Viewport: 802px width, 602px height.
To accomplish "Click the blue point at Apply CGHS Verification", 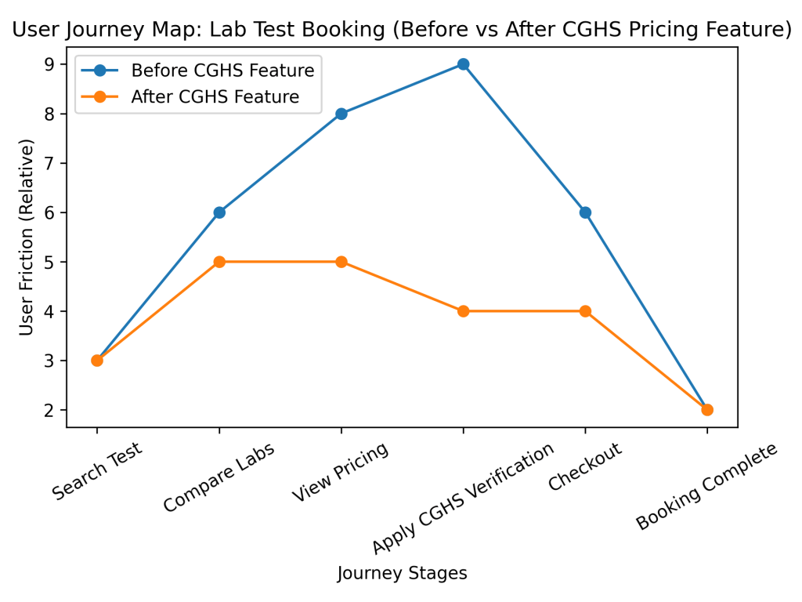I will (463, 64).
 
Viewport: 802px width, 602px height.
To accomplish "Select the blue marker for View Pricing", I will (341, 114).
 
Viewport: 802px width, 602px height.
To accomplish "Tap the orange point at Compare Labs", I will (219, 262).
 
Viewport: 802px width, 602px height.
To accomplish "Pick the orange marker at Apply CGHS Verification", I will (463, 311).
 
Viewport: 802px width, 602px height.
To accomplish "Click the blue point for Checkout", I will (585, 212).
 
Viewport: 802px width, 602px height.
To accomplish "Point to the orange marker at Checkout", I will (585, 311).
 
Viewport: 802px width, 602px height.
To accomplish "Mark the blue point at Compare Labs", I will (219, 212).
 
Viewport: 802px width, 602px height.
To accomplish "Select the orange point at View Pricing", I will (341, 262).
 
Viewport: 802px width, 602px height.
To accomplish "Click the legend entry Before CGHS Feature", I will (222, 71).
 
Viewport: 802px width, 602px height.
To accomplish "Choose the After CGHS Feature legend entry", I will (215, 97).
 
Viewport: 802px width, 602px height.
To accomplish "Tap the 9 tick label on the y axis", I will (50, 64).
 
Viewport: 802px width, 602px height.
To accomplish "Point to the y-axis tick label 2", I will (50, 410).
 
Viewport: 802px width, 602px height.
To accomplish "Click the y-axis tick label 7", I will (50, 163).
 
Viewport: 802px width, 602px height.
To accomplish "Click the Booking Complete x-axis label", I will (706, 486).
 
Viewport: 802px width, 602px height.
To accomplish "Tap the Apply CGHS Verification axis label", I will (463, 497).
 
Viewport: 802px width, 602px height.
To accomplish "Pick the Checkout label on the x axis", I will (585, 466).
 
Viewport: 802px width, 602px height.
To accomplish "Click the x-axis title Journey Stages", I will (402, 574).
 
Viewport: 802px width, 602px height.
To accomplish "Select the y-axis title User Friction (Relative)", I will (27, 238).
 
